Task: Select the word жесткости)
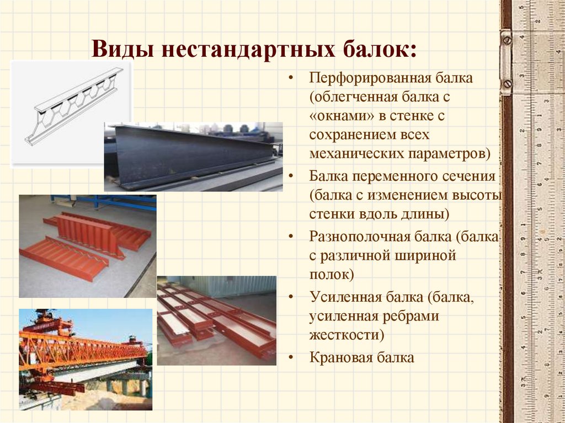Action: coord(347,335)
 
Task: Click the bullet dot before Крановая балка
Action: coord(291,358)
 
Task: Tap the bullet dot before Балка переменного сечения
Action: coord(291,176)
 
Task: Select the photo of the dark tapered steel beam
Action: coord(193,157)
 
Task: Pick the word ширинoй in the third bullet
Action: coord(425,256)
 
